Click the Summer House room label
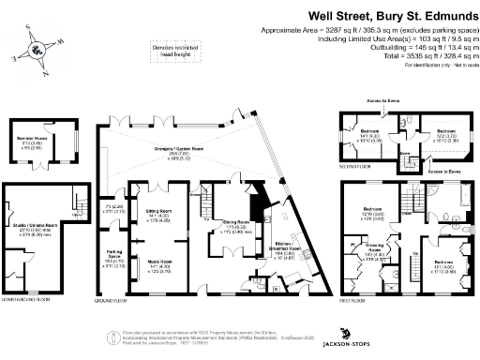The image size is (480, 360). [x=37, y=139]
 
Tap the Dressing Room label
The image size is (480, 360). [x=373, y=251]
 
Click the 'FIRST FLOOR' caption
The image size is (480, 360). [x=351, y=301]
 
